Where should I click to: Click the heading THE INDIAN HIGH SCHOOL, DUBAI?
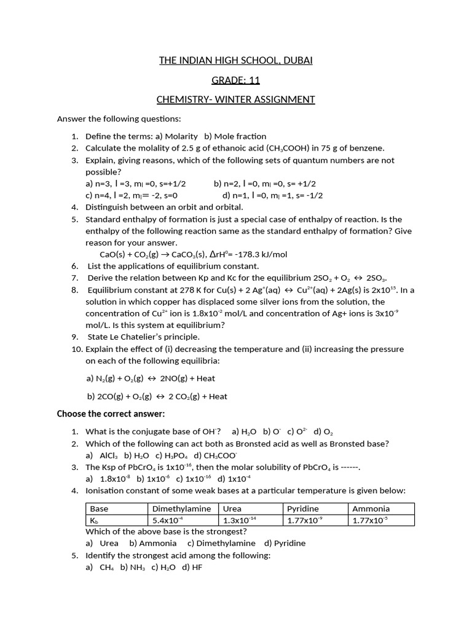[x=236, y=60]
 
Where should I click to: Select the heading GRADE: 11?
[x=236, y=80]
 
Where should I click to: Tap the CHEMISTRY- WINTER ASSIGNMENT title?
[x=236, y=100]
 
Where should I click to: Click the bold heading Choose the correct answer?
[x=111, y=414]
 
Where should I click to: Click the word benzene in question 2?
[x=368, y=148]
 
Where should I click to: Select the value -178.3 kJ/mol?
[x=260, y=254]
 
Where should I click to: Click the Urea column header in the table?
[x=232, y=509]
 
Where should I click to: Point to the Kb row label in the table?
[x=95, y=520]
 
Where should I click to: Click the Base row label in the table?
[x=99, y=509]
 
